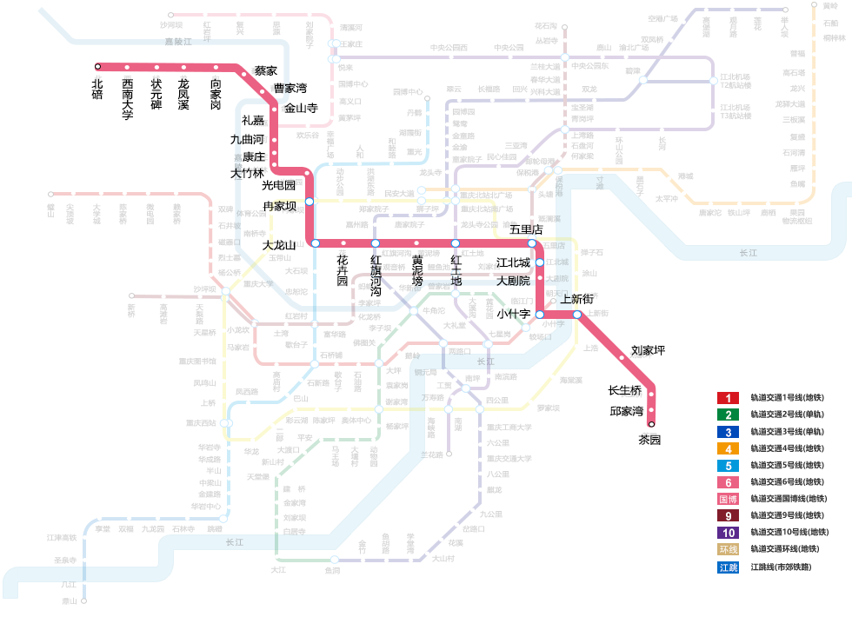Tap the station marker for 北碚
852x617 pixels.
coord(98,66)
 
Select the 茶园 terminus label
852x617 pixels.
coord(649,440)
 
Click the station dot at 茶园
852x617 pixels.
coord(652,424)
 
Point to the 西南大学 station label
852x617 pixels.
coord(128,98)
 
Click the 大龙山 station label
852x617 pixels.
coord(279,246)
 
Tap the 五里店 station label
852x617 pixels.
coord(526,229)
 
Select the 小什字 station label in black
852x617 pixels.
coord(513,314)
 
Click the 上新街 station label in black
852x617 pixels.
coord(577,299)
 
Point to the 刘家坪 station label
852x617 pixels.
coord(648,351)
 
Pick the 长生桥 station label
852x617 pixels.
coord(624,390)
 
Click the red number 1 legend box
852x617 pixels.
coord(728,398)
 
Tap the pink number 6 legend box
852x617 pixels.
coord(728,482)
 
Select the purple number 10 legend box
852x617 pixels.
coord(728,533)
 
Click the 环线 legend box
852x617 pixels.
coord(728,549)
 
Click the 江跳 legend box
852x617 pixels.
coord(728,567)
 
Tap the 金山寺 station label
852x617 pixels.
coord(301,108)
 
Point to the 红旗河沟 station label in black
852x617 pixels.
coord(376,275)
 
